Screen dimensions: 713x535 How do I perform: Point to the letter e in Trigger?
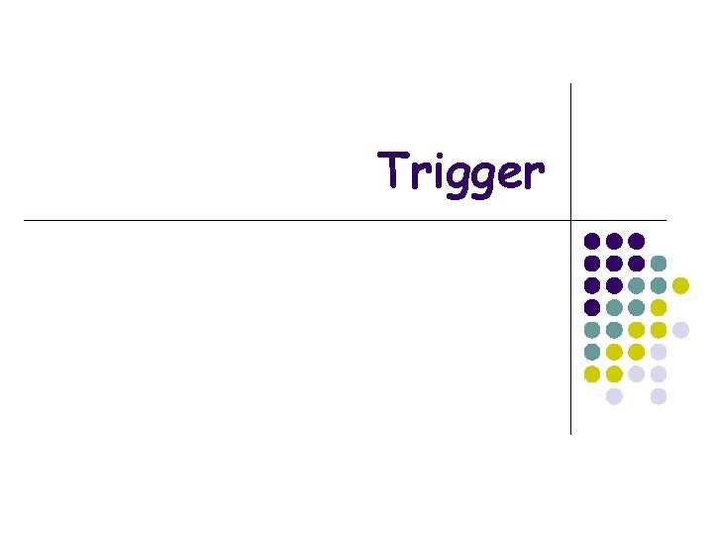(509, 174)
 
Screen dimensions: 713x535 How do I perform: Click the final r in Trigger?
(534, 174)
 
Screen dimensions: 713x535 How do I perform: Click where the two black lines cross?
(571, 219)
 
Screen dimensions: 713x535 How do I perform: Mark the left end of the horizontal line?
(25, 219)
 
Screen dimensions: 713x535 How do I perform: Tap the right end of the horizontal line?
(665, 219)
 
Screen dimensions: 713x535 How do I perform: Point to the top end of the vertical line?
(571, 84)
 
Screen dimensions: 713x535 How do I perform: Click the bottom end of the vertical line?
(571, 434)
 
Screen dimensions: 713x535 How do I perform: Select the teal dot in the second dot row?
(659, 263)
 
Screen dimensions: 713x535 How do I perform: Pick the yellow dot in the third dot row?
(680, 285)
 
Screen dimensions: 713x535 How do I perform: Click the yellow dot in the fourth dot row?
(659, 307)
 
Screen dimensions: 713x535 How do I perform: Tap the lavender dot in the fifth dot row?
(680, 330)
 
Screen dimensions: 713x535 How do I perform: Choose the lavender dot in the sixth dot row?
(659, 352)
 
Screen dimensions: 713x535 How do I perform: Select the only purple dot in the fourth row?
(592, 307)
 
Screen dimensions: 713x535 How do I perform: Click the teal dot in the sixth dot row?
(592, 352)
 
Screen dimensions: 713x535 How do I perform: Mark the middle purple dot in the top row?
(614, 241)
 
